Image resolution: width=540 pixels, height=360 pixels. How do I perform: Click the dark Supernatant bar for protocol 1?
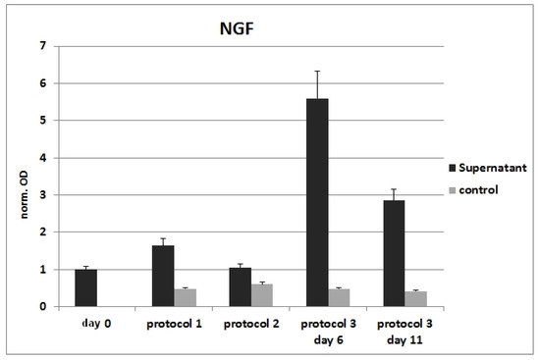pyautogui.click(x=163, y=276)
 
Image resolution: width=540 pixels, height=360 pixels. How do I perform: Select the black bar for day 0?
pyautogui.click(x=86, y=287)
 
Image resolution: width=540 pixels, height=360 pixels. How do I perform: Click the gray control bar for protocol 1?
pyautogui.click(x=186, y=297)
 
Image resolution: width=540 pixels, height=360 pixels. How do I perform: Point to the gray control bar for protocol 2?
pyautogui.click(x=262, y=295)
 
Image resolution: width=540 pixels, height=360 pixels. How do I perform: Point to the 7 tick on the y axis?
pyautogui.click(x=42, y=46)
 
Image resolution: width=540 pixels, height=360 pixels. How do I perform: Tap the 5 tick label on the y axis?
pyautogui.click(x=42, y=121)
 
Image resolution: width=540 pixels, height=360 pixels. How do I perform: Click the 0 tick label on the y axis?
pyautogui.click(x=42, y=306)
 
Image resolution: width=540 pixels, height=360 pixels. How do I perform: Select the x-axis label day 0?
pyautogui.click(x=86, y=322)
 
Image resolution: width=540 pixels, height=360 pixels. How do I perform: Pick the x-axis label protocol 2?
pyautogui.click(x=250, y=322)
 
